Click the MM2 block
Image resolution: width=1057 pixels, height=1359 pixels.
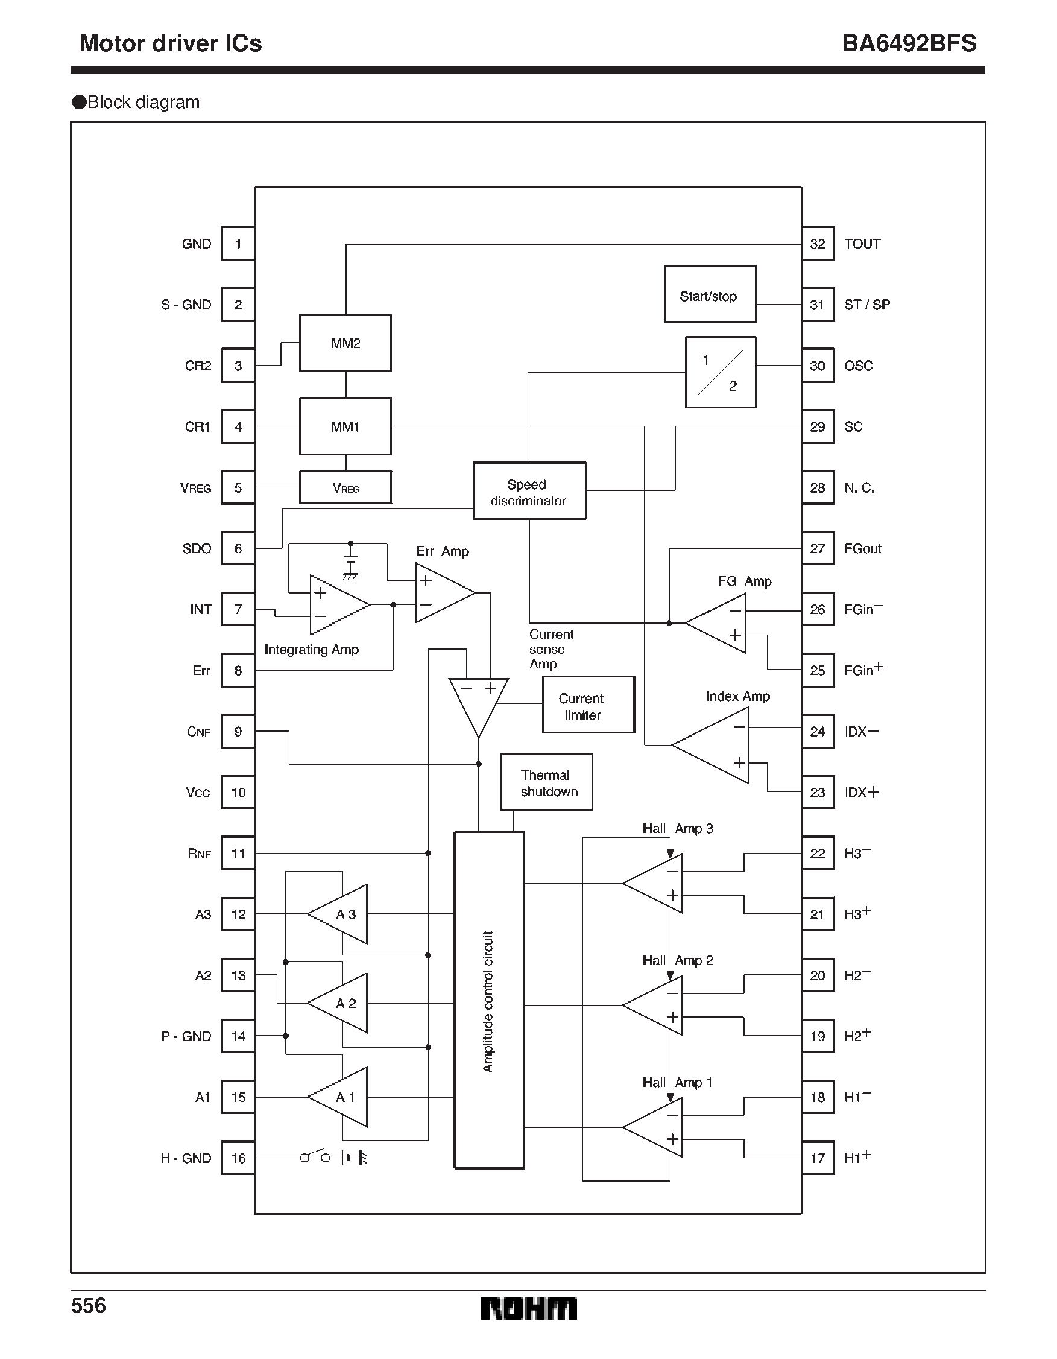345,343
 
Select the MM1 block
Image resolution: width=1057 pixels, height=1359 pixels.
345,426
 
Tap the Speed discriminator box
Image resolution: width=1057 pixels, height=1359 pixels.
529,492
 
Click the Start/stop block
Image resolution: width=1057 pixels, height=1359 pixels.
709,294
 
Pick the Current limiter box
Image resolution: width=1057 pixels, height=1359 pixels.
588,705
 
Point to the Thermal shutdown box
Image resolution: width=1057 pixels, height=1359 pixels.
546,782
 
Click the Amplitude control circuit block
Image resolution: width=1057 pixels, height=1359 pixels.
489,1001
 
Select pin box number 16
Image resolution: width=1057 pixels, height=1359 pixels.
238,1158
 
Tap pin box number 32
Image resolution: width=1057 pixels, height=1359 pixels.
818,244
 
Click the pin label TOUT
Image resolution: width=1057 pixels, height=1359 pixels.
862,244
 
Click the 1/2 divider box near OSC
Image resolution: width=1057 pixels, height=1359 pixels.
721,373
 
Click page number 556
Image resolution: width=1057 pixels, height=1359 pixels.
89,1305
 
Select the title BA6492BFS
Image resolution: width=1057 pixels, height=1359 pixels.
909,43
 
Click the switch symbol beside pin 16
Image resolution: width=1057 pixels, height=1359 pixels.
315,1157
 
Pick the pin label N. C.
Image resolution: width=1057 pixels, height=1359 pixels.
859,488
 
